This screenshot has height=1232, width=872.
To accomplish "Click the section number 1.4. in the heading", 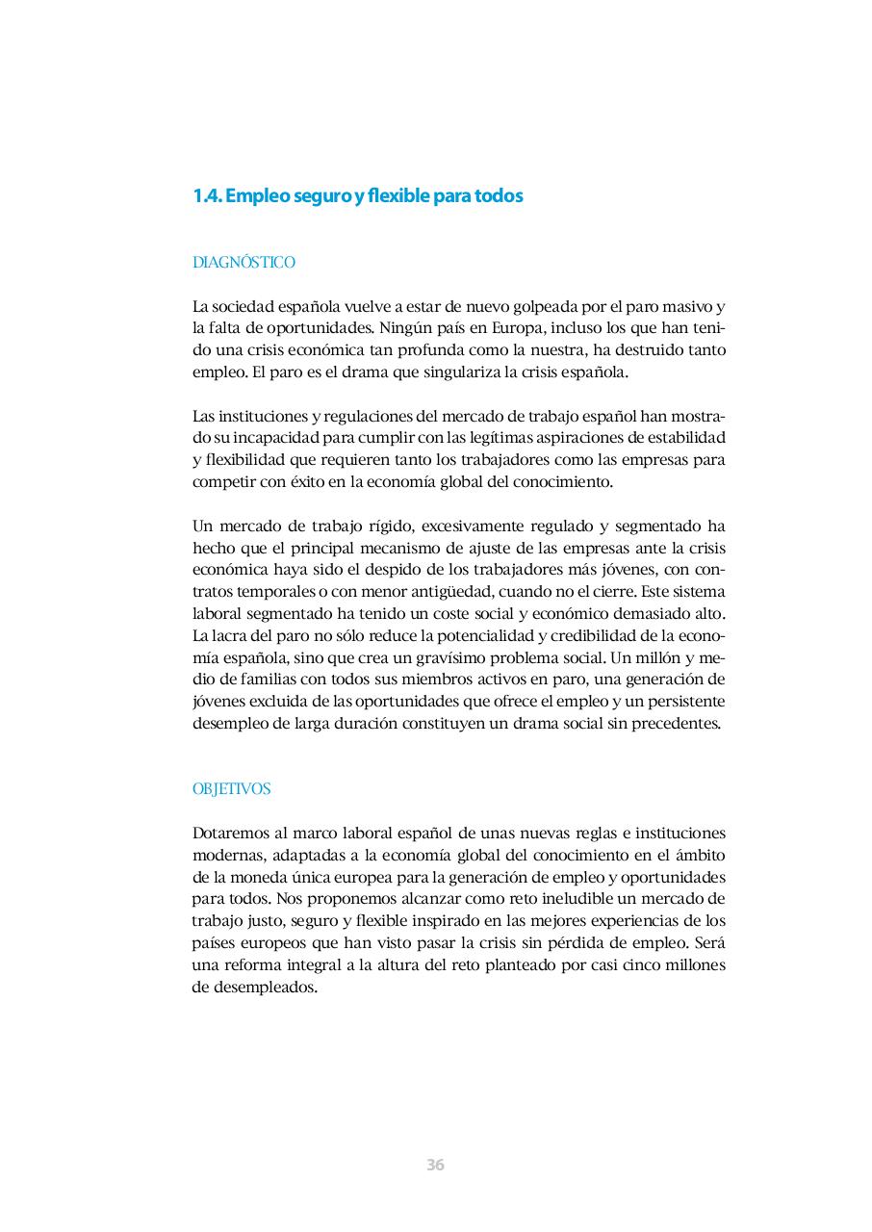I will (x=207, y=196).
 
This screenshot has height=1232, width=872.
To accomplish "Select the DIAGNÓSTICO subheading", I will (x=244, y=263).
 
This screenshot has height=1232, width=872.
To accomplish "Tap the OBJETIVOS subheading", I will (x=231, y=789).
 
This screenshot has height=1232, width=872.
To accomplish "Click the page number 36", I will (x=435, y=1165).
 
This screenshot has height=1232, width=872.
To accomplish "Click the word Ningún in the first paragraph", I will (x=405, y=328).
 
